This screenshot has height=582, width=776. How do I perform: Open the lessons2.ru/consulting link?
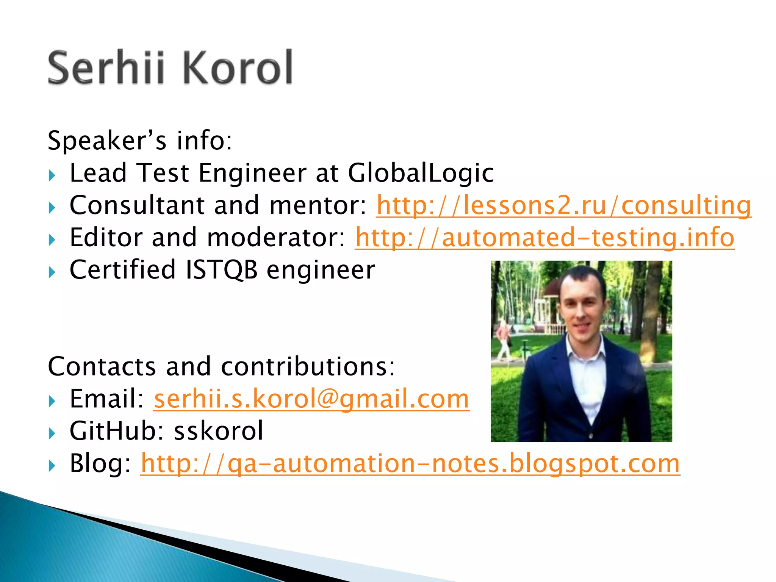pos(563,205)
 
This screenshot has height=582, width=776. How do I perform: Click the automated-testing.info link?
pos(544,238)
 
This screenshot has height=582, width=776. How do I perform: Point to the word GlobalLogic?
pos(421,173)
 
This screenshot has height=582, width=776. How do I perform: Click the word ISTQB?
pos(221,270)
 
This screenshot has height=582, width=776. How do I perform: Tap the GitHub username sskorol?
pos(218,431)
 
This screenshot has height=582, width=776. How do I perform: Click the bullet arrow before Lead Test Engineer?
pos(52,175)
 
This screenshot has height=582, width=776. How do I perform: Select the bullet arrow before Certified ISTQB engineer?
pos(52,272)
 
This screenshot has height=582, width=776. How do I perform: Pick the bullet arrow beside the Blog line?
pos(52,465)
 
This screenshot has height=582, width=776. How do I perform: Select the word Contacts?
pos(102,366)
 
